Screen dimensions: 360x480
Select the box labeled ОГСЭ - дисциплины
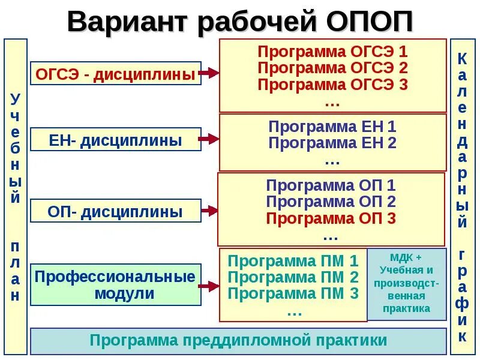tap(115, 74)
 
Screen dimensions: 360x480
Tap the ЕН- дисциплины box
tap(115, 140)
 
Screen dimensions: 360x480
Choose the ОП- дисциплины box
tap(115, 211)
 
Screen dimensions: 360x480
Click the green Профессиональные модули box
tap(115, 284)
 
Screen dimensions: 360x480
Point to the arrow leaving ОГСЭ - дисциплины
tap(208, 73)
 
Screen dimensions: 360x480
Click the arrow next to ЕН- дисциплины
tap(208, 139)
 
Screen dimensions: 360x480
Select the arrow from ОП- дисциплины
tap(208, 211)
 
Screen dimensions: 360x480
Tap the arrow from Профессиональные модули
tap(208, 286)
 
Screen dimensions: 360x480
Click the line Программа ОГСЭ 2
tap(332, 67)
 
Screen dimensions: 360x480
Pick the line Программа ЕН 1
tap(332, 127)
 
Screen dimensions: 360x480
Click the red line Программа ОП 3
tap(331, 218)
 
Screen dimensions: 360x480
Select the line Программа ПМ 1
tap(293, 261)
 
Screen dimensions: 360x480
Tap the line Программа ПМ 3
tap(293, 294)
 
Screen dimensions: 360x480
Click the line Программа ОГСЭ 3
tap(332, 84)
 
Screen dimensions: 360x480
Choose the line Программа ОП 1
tap(331, 185)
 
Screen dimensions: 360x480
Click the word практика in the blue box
tap(407, 309)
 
